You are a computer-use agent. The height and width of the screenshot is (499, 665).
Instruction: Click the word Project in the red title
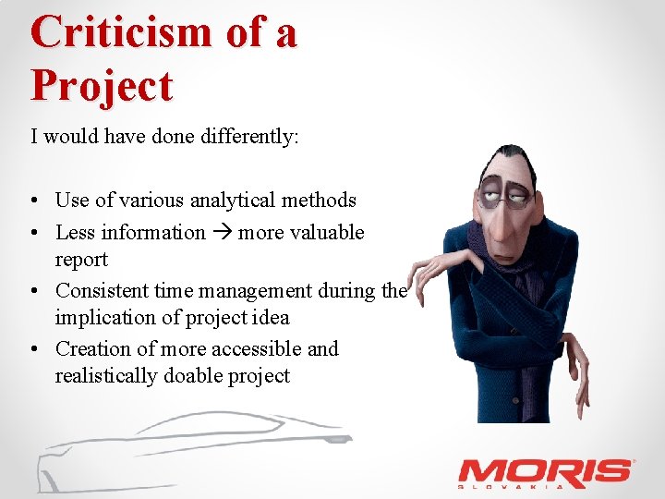[x=102, y=86]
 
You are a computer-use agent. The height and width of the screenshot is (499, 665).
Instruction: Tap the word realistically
[x=107, y=376]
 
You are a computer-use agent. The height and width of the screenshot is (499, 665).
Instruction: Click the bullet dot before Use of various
[x=33, y=201]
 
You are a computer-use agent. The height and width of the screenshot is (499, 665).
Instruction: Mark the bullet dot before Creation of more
[x=33, y=349]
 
